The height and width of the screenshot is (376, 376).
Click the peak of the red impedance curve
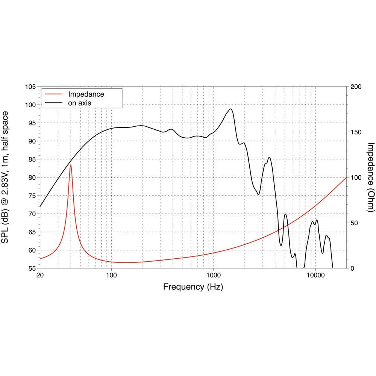tap(70, 165)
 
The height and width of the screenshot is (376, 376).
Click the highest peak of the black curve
tap(230, 109)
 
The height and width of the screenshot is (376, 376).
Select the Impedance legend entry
tap(86, 94)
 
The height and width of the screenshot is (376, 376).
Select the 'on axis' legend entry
tap(79, 102)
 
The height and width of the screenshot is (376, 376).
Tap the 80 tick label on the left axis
tap(32, 177)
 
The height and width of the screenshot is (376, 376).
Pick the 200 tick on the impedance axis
tap(356, 87)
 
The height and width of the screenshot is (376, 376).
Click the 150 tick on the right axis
tap(356, 132)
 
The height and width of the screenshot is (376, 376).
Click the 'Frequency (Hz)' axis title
tap(193, 287)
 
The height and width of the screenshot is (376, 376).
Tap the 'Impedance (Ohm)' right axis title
tap(371, 177)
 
